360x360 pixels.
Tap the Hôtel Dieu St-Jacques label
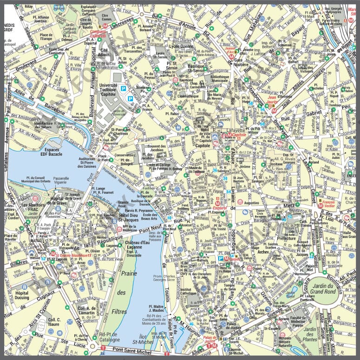[130, 217]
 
